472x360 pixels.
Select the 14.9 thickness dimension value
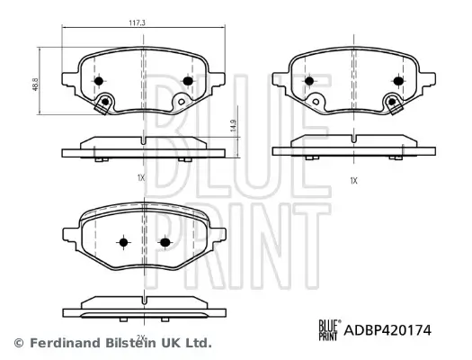pos(233,129)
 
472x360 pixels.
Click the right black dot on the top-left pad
pos(188,80)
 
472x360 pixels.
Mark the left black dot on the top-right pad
pos(308,80)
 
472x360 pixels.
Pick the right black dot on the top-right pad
pos(396,80)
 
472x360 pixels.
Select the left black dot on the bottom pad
pos(123,242)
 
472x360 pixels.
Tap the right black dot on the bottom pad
pos(165,242)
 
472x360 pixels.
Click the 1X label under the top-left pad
pos(141,177)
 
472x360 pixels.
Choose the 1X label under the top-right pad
pos(353,180)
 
